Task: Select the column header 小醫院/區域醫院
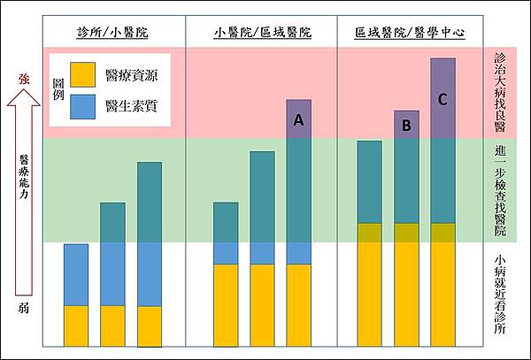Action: click(263, 33)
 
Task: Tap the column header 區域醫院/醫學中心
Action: click(410, 33)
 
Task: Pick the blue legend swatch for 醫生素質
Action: click(84, 106)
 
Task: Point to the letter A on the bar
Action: click(299, 121)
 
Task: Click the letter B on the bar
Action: click(406, 126)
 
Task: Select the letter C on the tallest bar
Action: click(443, 99)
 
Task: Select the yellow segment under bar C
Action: click(442, 284)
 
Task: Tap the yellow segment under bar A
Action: click(299, 304)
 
